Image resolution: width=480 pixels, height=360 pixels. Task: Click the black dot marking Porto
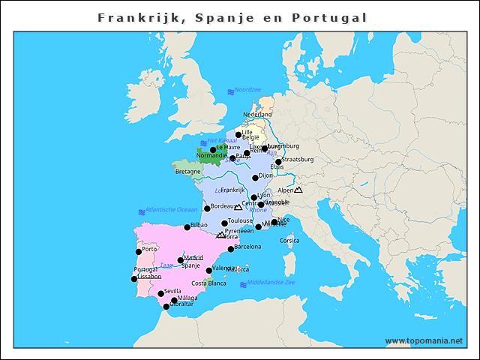pyautogui.click(x=139, y=252)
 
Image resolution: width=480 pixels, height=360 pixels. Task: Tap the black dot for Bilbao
pyautogui.click(x=187, y=227)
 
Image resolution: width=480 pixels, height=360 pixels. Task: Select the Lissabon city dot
pyautogui.click(x=135, y=279)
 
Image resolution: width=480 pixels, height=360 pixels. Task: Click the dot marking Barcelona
pyautogui.click(x=231, y=249)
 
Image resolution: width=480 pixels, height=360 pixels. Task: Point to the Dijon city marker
pyautogui.click(x=255, y=178)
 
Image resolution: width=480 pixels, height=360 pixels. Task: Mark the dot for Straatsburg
pyautogui.click(x=278, y=162)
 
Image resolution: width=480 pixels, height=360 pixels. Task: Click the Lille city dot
pyautogui.click(x=238, y=135)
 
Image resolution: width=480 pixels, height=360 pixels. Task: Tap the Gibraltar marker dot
pyautogui.click(x=166, y=306)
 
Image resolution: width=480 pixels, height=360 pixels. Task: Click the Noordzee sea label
pyautogui.click(x=247, y=90)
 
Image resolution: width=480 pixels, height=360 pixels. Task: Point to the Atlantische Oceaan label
pyautogui.click(x=172, y=209)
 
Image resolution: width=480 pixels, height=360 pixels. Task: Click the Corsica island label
pyautogui.click(x=289, y=241)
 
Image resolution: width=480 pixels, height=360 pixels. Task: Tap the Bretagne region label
pyautogui.click(x=187, y=172)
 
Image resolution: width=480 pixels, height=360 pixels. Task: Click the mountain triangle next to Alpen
pyautogui.click(x=298, y=190)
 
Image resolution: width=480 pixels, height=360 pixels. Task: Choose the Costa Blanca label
pyautogui.click(x=208, y=283)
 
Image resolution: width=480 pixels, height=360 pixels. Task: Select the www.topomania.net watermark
pyautogui.click(x=424, y=340)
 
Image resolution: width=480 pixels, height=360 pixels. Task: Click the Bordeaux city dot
pyautogui.click(x=207, y=208)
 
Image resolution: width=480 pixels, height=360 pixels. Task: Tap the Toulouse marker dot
pyautogui.click(x=224, y=223)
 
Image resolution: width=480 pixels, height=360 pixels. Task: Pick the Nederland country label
pyautogui.click(x=257, y=115)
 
